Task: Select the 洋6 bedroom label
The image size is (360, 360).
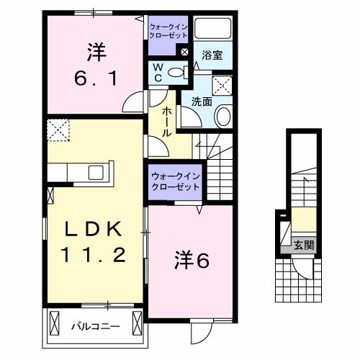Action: [191, 260]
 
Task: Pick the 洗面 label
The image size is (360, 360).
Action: [201, 102]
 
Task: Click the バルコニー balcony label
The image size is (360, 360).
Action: [95, 326]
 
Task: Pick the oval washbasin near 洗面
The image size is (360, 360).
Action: [223, 117]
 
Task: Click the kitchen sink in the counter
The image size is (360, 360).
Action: [95, 173]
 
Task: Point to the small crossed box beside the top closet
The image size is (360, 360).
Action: [184, 52]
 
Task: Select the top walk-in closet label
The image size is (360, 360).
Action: [167, 31]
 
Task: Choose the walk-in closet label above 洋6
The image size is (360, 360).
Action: [174, 181]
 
